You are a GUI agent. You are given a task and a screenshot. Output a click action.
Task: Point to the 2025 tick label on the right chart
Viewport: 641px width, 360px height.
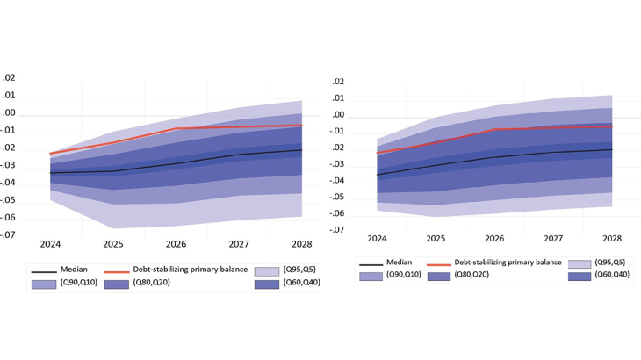coord(436,238)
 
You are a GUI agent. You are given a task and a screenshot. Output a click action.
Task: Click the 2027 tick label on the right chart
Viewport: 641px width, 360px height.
coord(553,238)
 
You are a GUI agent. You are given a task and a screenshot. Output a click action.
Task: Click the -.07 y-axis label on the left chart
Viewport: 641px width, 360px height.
coord(8,235)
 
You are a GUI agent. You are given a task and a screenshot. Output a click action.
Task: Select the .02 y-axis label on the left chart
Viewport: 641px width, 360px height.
coord(9,78)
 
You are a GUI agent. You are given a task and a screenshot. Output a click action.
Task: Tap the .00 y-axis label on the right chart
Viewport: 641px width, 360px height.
coord(338,116)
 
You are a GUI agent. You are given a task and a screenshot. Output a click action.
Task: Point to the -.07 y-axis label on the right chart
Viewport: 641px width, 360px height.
coord(336,230)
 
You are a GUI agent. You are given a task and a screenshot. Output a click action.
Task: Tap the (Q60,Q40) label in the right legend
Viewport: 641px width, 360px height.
coord(611,276)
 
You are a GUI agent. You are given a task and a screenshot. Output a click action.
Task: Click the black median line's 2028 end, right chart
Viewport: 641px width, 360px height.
coord(611,149)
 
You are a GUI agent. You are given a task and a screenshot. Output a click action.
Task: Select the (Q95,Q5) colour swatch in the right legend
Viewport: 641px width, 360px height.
coord(579,263)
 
